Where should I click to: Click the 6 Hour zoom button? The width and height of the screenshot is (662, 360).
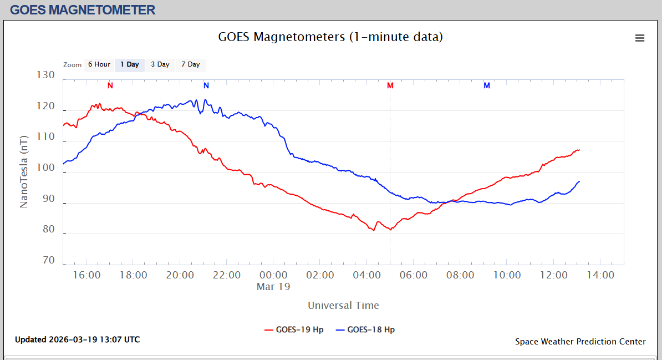click(99, 64)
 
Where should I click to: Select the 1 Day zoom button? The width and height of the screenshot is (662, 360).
click(130, 64)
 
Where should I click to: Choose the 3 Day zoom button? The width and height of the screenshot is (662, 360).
click(160, 64)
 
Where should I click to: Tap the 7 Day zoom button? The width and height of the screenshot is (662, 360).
click(190, 64)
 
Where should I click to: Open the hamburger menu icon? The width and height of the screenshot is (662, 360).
click(640, 38)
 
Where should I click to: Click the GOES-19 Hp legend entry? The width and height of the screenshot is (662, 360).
click(294, 329)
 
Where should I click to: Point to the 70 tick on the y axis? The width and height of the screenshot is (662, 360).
click(49, 261)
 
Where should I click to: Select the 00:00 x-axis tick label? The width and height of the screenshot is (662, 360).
click(273, 275)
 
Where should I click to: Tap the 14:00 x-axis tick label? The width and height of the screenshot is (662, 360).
click(600, 275)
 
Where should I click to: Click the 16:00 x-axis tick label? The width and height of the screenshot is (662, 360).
click(86, 275)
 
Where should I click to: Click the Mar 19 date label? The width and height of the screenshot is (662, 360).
click(273, 287)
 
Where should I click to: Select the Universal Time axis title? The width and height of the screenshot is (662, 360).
click(343, 305)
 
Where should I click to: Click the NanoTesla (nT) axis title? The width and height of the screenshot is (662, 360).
click(24, 171)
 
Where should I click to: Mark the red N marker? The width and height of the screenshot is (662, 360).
click(110, 85)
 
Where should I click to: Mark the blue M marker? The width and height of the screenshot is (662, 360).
click(487, 85)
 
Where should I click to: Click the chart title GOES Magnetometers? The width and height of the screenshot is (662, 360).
click(330, 37)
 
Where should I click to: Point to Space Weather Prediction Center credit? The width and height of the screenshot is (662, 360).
click(580, 342)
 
